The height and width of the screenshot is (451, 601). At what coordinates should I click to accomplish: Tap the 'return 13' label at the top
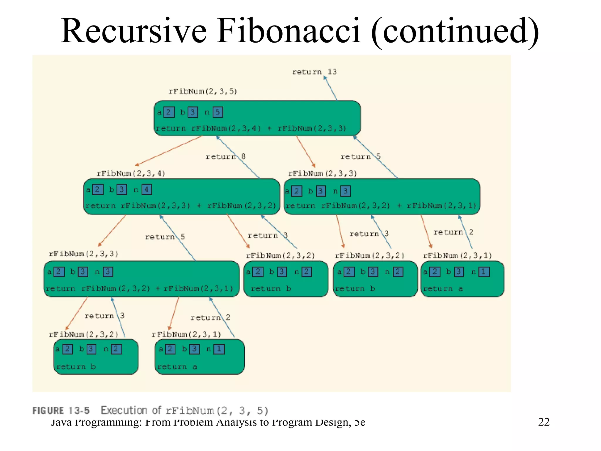tap(314, 72)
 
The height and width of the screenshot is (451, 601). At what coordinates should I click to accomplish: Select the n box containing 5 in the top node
tap(218, 112)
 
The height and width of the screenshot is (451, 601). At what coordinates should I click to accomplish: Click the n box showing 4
tap(147, 190)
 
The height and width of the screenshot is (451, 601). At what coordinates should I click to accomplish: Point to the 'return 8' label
tap(225, 156)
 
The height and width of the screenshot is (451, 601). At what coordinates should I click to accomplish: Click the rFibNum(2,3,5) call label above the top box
tap(203, 91)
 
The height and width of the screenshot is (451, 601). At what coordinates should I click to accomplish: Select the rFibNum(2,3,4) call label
tap(131, 173)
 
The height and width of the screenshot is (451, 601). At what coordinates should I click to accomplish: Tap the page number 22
tap(543, 422)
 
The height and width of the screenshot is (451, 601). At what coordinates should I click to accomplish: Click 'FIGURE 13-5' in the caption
tap(61, 410)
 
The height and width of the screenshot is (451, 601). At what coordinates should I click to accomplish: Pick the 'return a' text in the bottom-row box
tap(177, 366)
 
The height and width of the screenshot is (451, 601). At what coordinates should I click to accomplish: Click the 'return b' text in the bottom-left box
tap(76, 366)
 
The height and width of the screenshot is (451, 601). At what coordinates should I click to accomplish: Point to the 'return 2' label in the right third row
tap(453, 232)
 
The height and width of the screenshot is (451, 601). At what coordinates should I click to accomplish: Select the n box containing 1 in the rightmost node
tap(484, 272)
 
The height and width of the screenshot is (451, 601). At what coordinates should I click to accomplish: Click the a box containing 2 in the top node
tap(169, 112)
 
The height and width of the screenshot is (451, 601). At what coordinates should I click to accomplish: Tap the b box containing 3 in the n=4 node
tap(122, 190)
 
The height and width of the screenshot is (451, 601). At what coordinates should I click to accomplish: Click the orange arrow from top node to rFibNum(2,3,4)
tap(169, 151)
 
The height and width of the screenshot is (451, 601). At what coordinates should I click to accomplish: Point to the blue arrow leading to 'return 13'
tap(330, 88)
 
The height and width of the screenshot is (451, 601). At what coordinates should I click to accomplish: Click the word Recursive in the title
tap(134, 31)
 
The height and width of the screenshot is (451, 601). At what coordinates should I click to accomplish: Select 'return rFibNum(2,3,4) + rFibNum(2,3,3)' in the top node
tap(251, 128)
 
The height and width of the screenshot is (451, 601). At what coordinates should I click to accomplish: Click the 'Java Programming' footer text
tap(97, 422)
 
